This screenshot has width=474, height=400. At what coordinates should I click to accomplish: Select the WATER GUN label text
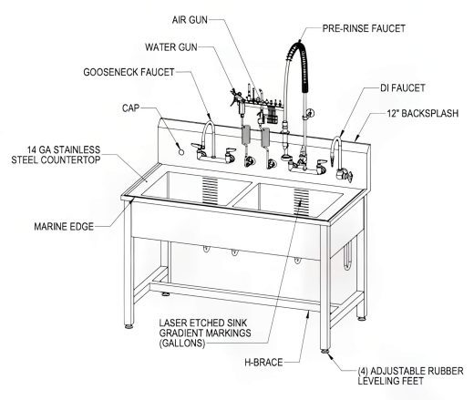pos(172,46)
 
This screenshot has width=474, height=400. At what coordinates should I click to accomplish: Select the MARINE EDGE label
pos(66,222)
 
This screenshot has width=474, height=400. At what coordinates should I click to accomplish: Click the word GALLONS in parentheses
pos(187,346)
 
